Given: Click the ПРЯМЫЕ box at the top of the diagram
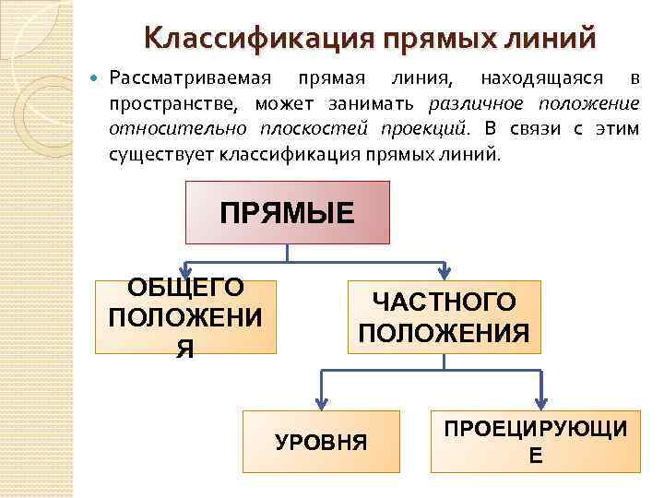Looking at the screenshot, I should [x=288, y=213].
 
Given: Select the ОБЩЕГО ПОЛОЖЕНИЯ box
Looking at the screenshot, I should [x=185, y=316].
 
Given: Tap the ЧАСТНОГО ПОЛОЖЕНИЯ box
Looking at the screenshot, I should [x=444, y=317].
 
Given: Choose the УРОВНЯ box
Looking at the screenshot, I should [x=321, y=443].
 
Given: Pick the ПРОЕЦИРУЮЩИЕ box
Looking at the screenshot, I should [x=536, y=442].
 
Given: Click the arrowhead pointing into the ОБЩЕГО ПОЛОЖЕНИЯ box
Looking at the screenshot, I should [x=185, y=272].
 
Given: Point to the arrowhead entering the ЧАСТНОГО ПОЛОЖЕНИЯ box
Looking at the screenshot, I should [x=444, y=273].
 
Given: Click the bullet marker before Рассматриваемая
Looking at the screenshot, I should [x=97, y=76].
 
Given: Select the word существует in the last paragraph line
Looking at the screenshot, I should [x=160, y=151].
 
